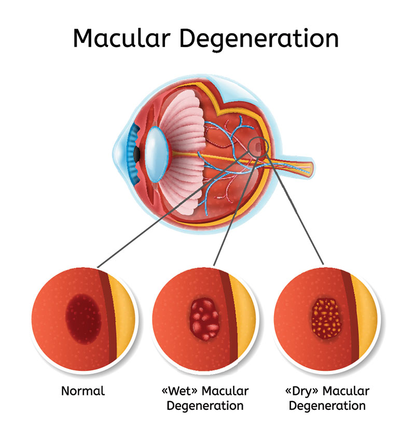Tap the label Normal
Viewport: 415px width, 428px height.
pyautogui.click(x=83, y=391)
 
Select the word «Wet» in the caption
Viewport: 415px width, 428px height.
pyautogui.click(x=176, y=391)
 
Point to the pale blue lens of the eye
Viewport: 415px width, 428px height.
pyautogui.click(x=155, y=154)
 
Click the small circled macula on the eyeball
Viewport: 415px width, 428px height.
pyautogui.click(x=258, y=147)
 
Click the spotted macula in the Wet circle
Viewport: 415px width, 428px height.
pyautogui.click(x=204, y=317)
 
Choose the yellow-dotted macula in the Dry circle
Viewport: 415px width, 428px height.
pyautogui.click(x=325, y=317)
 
